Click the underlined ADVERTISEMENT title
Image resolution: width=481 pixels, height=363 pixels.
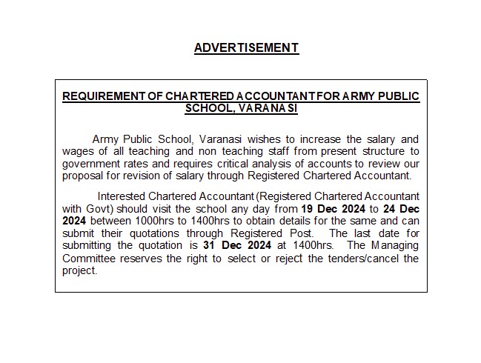pyautogui.click(x=246, y=48)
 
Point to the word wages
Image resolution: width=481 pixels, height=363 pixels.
pyautogui.click(x=76, y=151)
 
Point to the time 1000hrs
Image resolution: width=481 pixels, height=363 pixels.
pyautogui.click(x=148, y=221)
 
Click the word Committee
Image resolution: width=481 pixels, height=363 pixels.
pyautogui.click(x=89, y=258)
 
